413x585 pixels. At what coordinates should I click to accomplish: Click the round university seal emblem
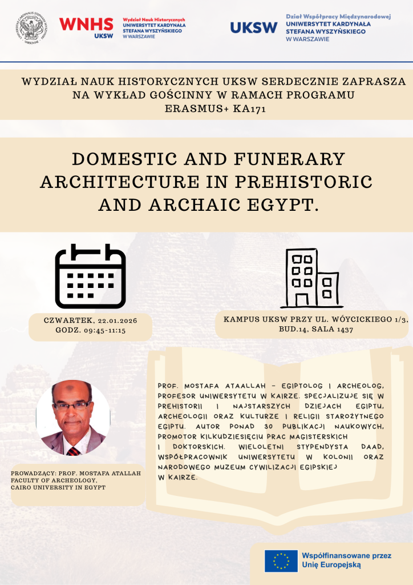[x=32, y=27]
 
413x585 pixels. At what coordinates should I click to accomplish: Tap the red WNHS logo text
[x=86, y=23]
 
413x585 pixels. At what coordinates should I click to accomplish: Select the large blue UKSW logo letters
[x=254, y=27]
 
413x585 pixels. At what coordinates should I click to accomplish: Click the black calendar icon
[x=90, y=276]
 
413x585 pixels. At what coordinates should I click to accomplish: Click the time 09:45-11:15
[x=106, y=330]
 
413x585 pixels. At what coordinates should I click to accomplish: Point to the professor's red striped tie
[x=72, y=451]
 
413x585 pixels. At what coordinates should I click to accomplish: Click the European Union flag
[x=281, y=560]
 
